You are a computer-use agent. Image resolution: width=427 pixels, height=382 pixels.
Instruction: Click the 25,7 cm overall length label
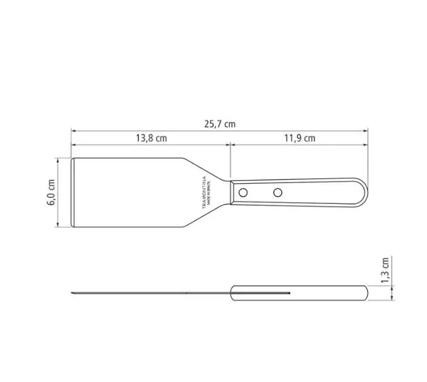219,124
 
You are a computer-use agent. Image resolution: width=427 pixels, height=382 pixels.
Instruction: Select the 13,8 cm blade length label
151,138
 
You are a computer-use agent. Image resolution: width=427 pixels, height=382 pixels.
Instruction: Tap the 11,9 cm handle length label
299,138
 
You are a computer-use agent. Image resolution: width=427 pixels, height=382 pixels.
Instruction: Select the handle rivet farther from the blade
277,191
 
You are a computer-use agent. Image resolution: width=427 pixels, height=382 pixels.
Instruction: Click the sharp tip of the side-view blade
72,292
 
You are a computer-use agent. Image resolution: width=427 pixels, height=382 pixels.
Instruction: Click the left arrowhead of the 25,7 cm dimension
73,131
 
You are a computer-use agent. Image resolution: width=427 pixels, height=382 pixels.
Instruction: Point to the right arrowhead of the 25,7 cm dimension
366,131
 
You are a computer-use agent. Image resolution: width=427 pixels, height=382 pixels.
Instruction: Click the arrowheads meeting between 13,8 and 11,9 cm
230,145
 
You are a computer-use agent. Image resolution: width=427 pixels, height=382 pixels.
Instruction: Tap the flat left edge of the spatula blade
72,192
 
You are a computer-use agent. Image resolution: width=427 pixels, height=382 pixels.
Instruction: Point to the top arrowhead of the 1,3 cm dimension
394,284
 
